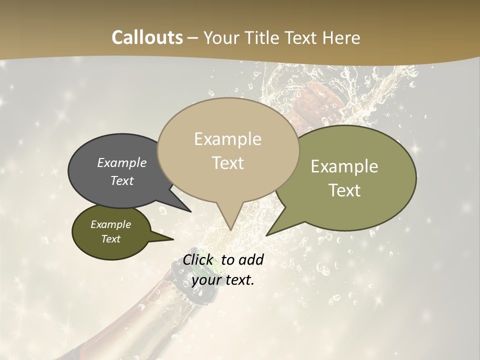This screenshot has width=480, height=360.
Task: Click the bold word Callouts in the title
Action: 147,37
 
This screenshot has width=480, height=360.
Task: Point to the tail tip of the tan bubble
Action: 230,229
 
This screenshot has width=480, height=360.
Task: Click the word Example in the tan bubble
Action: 228,139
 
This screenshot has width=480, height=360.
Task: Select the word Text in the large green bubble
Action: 345,190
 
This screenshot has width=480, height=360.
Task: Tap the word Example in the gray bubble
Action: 122,162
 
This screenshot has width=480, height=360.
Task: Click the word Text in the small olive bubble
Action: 111,239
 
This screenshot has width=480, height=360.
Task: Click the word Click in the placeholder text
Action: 200,259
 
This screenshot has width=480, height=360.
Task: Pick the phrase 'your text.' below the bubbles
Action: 223,280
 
